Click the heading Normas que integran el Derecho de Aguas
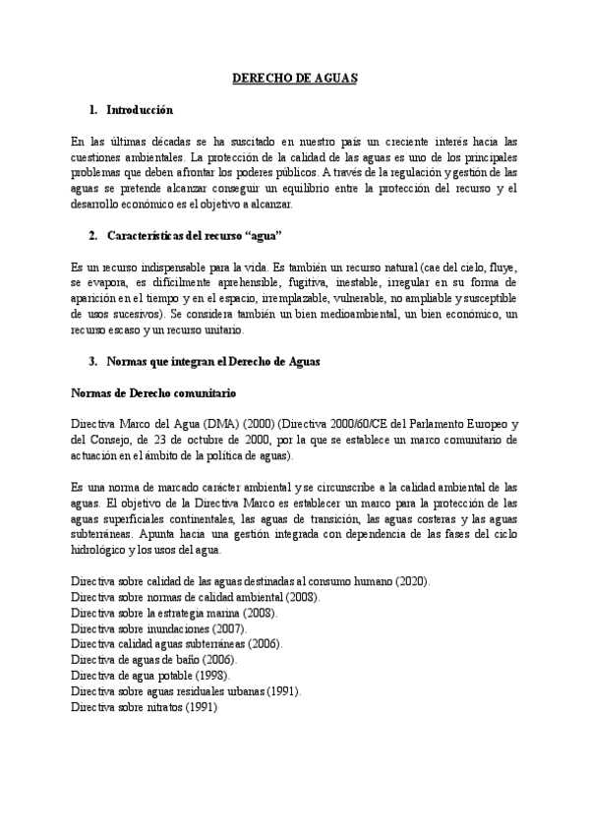(x=211, y=361)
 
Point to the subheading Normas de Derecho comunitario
(x=148, y=392)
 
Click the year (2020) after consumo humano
(x=412, y=581)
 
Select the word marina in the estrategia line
(x=229, y=613)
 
